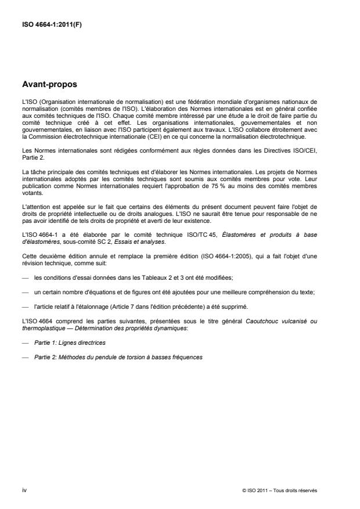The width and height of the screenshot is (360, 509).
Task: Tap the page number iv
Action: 24,490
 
